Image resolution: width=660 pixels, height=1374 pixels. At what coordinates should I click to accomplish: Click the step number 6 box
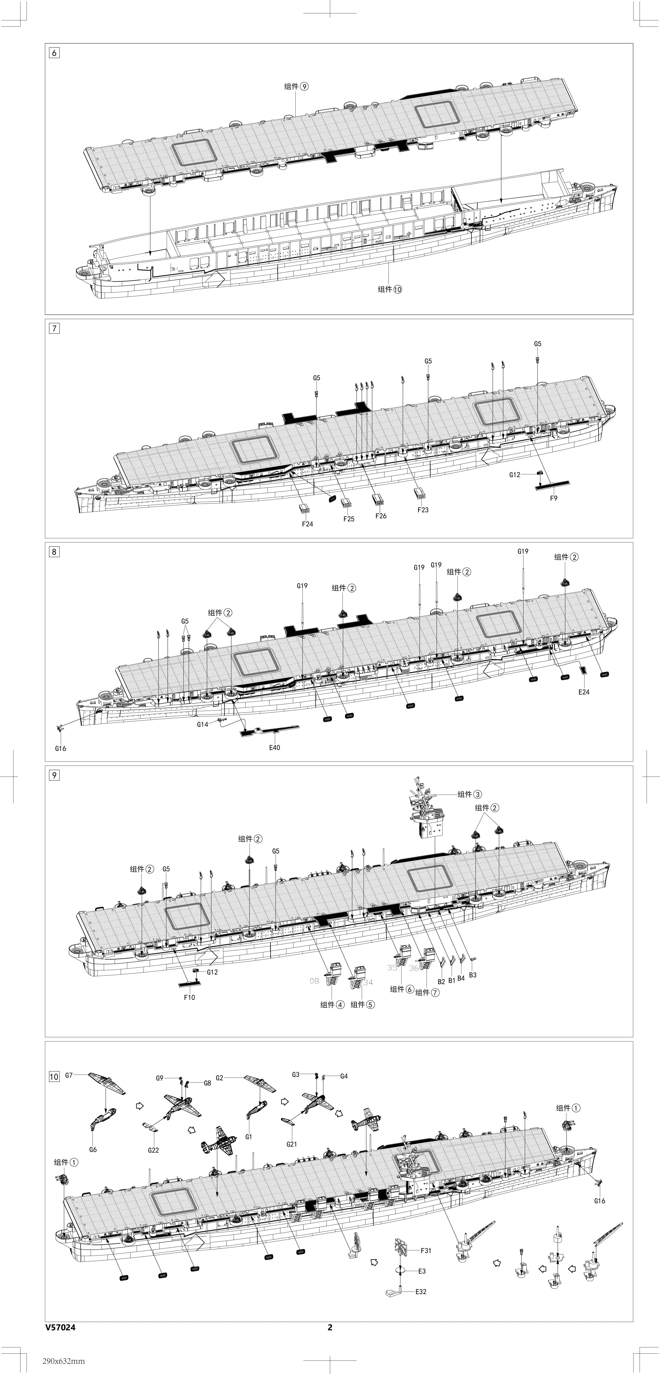(54, 53)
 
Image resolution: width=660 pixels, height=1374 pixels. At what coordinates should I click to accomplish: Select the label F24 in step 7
(307, 524)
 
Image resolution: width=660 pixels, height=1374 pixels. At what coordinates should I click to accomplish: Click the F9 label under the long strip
(553, 498)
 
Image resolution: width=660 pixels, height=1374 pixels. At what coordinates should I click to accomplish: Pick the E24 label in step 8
(584, 692)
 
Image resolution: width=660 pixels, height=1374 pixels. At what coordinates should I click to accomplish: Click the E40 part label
(274, 747)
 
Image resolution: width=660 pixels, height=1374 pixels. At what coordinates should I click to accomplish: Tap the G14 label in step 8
(202, 724)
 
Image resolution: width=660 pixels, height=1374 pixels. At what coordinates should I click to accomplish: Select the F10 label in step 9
(189, 997)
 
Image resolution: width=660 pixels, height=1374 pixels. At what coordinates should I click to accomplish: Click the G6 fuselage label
(93, 1149)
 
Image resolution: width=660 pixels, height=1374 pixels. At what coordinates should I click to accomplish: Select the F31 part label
(426, 1250)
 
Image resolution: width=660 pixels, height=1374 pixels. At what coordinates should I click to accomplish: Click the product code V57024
(60, 1328)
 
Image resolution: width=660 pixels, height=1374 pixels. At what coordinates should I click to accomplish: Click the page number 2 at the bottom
(330, 1328)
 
